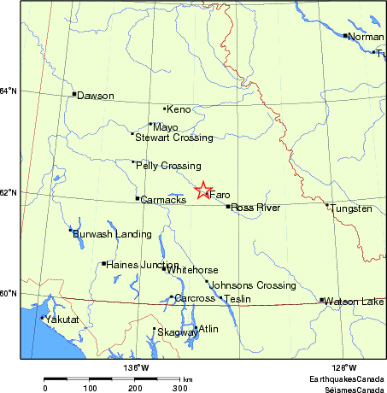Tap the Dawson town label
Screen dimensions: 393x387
point(95,97)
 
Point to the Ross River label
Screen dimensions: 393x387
point(255,208)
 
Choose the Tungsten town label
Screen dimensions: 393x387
point(352,208)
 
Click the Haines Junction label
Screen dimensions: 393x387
point(143,265)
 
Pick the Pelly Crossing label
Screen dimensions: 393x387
point(168,166)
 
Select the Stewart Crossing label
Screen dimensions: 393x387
point(168,138)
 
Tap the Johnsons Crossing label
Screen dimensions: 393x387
point(241,285)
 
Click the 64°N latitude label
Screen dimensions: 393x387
point(8,91)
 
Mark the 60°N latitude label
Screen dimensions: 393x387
point(8,294)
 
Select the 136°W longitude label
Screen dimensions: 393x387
point(135,368)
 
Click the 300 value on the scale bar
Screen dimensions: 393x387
point(180,389)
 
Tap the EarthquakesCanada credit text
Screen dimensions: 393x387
point(348,378)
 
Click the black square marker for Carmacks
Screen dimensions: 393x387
point(137,199)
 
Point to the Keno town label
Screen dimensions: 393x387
point(179,110)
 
